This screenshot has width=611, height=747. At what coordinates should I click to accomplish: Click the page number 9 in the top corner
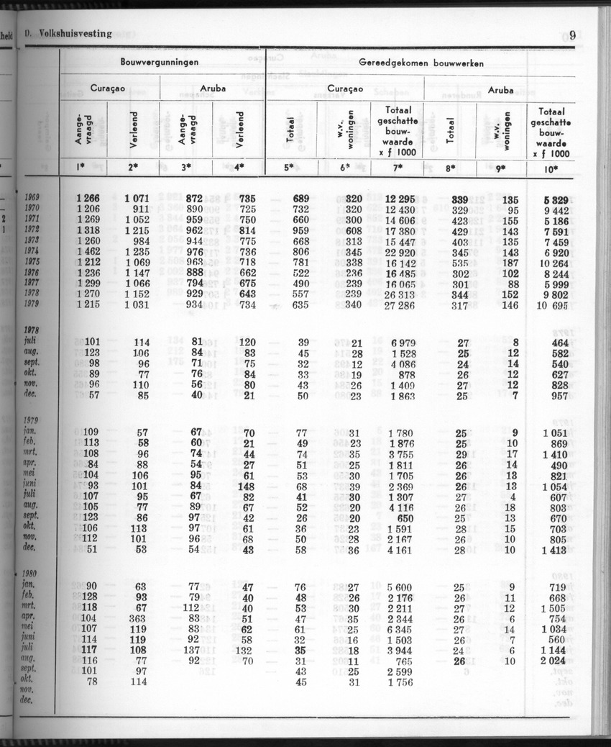coord(572,35)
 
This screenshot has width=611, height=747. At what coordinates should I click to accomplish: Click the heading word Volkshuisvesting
coord(75,33)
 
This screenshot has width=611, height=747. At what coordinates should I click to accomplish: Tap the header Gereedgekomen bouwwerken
coord(421,63)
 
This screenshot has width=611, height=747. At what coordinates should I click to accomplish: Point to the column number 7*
coord(398,168)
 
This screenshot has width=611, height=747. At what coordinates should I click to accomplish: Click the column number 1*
coord(83,168)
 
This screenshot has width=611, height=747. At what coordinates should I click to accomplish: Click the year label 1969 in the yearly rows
coord(32,198)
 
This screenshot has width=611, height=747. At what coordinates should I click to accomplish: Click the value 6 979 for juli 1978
coord(399,343)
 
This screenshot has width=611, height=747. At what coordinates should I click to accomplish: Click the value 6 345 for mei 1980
coord(399,629)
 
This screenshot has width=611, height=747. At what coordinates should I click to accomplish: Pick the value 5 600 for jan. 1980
coord(399,587)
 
